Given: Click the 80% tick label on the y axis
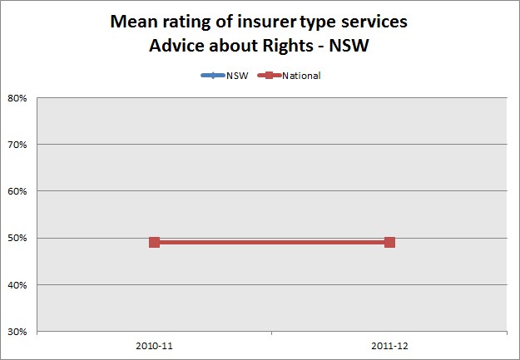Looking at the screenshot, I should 18,97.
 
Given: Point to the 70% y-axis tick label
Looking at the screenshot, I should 18,145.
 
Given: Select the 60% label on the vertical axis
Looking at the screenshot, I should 18,191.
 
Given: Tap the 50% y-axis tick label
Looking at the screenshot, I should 18,239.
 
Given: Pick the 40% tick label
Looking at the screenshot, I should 18,285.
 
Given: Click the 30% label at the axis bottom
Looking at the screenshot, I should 18,332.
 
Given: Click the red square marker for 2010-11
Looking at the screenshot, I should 154,242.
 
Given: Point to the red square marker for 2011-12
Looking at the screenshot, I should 389,242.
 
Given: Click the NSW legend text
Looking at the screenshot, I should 237,76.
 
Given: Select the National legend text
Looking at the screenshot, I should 301,76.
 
